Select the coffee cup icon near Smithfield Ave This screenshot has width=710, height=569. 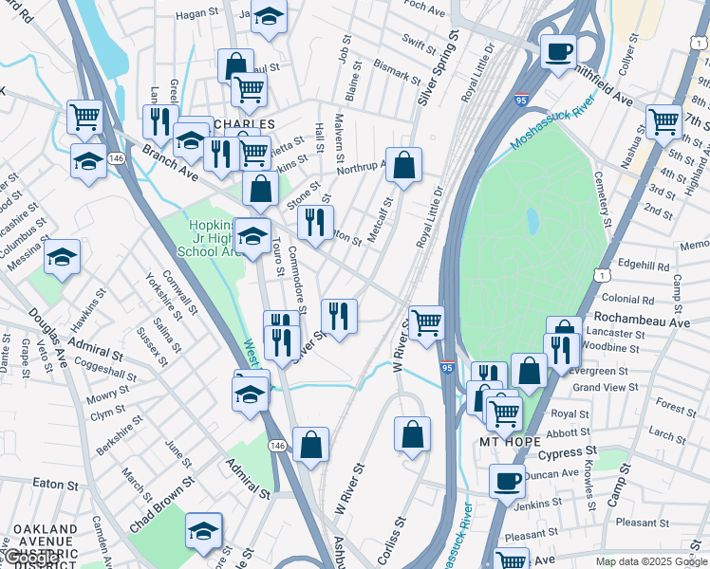558,50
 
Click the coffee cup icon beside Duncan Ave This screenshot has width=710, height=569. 508,480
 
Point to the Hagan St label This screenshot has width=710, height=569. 197,14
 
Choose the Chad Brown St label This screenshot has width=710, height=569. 162,497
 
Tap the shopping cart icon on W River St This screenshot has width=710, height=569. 426,322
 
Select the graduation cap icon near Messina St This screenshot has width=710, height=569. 63,257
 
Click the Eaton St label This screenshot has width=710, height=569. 54,483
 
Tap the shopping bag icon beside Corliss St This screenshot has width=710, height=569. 413,434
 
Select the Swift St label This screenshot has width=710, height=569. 419,40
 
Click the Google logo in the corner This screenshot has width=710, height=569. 30,559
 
